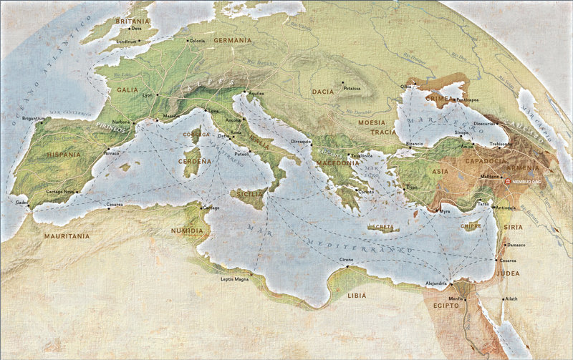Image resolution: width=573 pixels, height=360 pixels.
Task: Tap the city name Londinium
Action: (x=127, y=42)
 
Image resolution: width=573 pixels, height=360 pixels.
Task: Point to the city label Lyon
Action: (x=148, y=94)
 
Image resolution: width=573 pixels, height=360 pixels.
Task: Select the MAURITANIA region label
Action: (x=67, y=235)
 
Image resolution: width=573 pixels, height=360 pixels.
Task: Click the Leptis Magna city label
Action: (x=235, y=278)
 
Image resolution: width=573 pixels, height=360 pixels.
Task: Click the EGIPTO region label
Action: (x=446, y=305)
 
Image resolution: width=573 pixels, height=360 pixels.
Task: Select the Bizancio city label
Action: (x=415, y=144)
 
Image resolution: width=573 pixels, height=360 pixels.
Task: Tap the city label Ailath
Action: (x=510, y=298)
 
